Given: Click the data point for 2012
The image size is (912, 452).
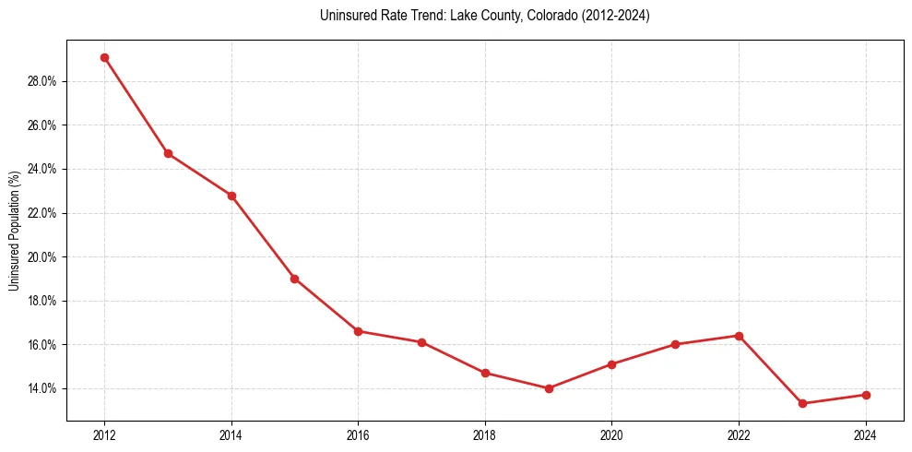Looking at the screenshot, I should (x=104, y=57).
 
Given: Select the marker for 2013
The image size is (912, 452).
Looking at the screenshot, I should (x=168, y=153).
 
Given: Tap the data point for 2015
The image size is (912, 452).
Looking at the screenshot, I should (x=294, y=279).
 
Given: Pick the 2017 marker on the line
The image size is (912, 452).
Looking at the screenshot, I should (x=421, y=342).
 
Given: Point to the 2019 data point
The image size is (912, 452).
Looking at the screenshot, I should (x=549, y=388).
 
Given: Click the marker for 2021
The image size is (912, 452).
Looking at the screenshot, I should (x=675, y=344).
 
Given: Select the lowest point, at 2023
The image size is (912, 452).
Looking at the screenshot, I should (x=802, y=403).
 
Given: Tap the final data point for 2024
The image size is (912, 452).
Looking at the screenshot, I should (x=866, y=395).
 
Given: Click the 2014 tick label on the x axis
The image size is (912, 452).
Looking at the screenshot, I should (x=231, y=435).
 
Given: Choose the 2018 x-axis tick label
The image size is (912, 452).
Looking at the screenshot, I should (x=485, y=435).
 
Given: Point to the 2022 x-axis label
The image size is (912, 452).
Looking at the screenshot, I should (x=739, y=435).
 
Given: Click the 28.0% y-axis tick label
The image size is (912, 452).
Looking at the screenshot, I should (x=41, y=81).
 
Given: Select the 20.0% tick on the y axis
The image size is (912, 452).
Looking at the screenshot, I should (x=41, y=257).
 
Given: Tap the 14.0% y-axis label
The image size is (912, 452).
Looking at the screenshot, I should (x=41, y=388).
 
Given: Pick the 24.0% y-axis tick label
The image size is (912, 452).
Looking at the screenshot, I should (x=41, y=169).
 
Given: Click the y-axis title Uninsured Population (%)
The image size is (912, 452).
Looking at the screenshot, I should (x=14, y=231).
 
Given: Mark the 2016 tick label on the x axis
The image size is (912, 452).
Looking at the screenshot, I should (x=358, y=435).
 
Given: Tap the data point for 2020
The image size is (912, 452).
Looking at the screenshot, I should (x=611, y=364).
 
